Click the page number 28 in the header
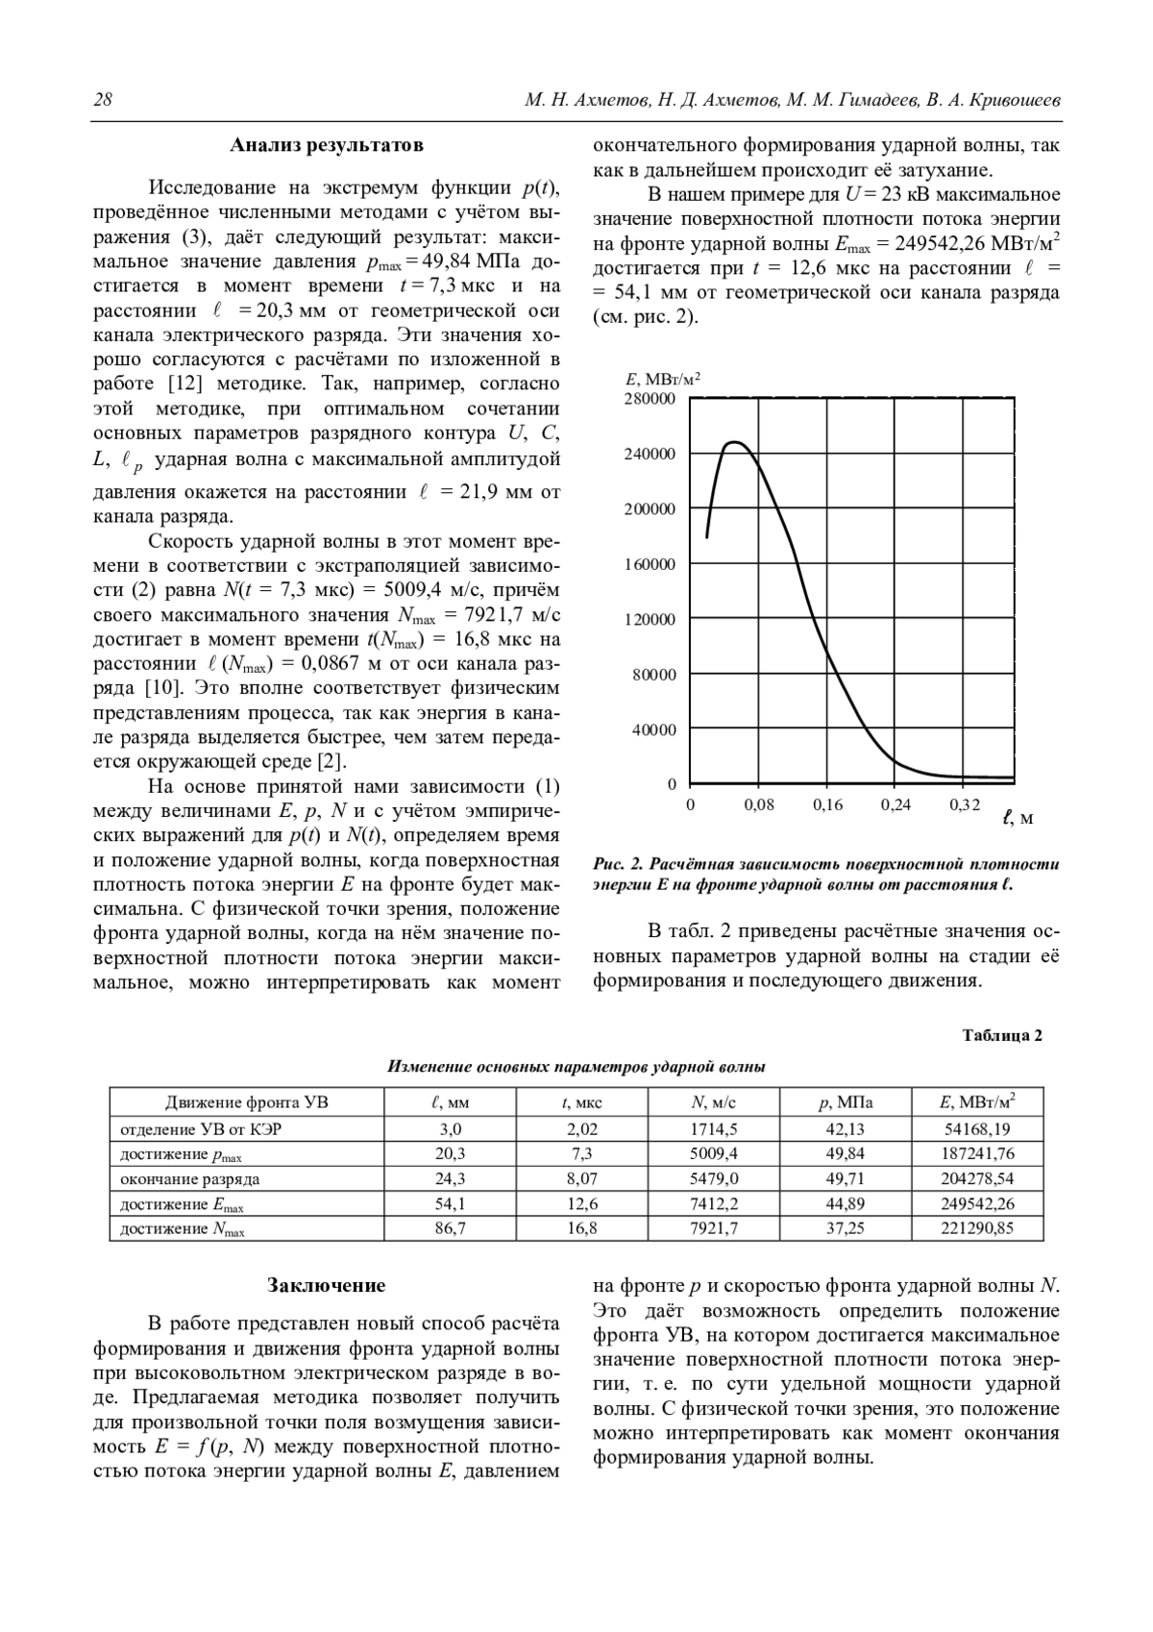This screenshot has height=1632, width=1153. [x=103, y=100]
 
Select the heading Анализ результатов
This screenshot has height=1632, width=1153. [x=327, y=146]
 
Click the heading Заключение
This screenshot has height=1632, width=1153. [x=327, y=1285]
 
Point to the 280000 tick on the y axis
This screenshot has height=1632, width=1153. [x=650, y=399]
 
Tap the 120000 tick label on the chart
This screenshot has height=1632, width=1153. [x=650, y=620]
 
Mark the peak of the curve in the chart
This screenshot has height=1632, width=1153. [x=734, y=442]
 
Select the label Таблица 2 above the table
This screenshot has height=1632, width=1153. [x=1002, y=1035]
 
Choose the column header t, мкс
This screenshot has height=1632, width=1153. [x=582, y=1102]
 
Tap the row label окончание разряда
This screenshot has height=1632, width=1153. [x=190, y=1178]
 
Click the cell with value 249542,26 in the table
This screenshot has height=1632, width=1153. [x=977, y=1203]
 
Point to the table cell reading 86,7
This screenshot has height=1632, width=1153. [x=450, y=1228]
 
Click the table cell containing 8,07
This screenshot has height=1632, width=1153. [x=582, y=1178]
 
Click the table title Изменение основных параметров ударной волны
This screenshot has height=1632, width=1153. [x=576, y=1067]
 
